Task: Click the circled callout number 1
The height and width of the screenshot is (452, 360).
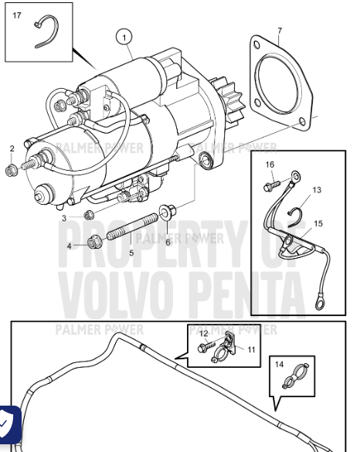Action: (124, 38)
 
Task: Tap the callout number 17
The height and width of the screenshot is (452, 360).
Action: (17, 15)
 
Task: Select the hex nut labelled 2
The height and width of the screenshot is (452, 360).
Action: (12, 170)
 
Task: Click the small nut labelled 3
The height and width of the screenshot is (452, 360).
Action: (88, 215)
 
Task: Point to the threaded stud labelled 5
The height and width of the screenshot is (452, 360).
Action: (133, 226)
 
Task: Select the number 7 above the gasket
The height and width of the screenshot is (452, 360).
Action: (280, 31)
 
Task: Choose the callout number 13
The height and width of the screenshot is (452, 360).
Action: (317, 190)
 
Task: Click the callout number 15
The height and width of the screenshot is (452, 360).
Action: (318, 224)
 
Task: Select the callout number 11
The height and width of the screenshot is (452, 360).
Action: (251, 350)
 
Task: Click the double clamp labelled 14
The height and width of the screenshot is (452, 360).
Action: (295, 376)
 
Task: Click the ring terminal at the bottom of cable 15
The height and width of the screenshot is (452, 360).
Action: (319, 304)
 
